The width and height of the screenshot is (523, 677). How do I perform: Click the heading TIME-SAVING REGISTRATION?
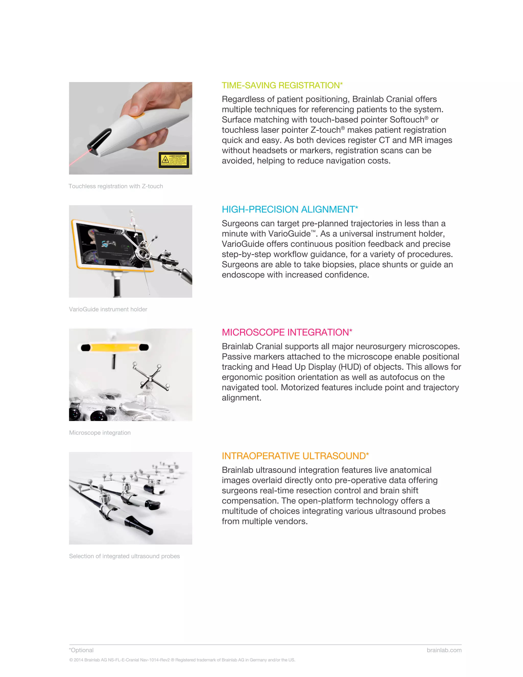pos(282,85)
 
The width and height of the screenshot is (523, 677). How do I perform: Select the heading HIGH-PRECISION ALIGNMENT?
pos(290,209)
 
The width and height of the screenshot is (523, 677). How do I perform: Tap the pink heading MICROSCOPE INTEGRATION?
pos(287,332)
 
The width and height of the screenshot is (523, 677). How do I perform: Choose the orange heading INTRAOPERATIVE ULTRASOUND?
pos(295,456)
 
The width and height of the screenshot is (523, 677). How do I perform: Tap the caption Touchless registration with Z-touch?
pos(116,186)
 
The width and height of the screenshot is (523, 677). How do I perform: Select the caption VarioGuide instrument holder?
pos(108,309)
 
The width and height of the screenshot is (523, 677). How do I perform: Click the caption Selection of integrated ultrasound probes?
pos(124,556)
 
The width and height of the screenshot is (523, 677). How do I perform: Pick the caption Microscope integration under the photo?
pos(100,433)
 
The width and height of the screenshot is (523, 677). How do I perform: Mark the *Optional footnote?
pos(81,650)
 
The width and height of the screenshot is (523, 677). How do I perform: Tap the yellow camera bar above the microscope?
pos(115,347)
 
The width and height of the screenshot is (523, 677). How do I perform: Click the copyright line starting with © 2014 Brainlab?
pos(182,660)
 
